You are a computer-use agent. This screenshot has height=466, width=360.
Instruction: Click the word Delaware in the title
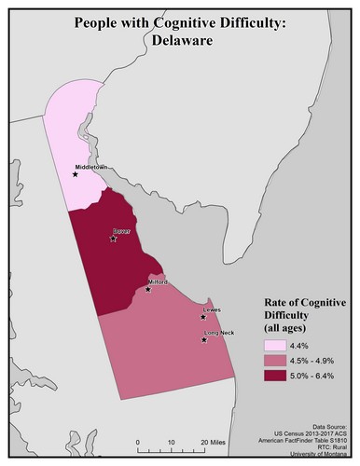tap(179, 41)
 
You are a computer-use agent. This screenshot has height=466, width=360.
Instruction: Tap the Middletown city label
tap(93, 167)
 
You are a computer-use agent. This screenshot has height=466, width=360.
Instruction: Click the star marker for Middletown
tap(76, 173)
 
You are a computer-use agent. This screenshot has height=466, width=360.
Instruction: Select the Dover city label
tap(122, 230)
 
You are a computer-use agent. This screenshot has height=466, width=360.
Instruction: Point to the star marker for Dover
tap(113, 239)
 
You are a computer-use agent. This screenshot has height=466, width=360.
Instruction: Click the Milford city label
tap(158, 281)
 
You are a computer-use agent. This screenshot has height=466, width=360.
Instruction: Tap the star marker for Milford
tap(148, 289)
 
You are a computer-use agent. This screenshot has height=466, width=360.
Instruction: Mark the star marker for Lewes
tap(202, 317)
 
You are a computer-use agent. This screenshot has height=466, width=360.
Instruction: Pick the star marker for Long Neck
tap(203, 339)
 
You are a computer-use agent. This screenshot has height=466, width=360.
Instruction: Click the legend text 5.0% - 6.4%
tap(315, 376)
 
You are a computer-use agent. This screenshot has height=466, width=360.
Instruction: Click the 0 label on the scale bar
tap(136, 441)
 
